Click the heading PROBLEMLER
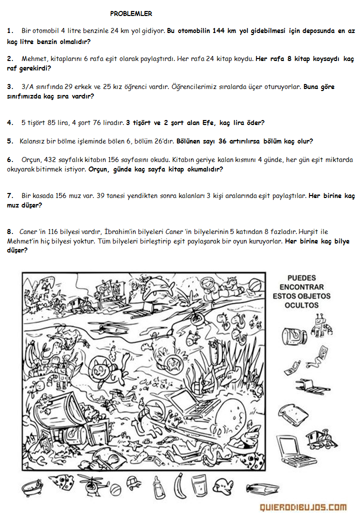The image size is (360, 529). [131, 13]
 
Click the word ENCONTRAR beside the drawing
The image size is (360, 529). [302, 287]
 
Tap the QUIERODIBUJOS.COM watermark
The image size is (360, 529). [303, 507]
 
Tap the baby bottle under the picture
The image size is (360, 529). [159, 486]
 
